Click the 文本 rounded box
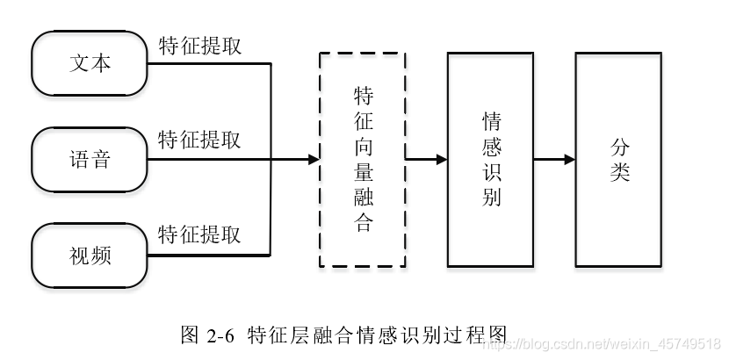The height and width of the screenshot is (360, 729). tap(90, 64)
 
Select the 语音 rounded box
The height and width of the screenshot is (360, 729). tap(90, 160)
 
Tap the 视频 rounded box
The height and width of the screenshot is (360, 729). tap(90, 256)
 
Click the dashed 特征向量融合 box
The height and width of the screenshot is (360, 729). tap(362, 159)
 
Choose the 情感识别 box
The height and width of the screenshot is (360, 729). tap(490, 159)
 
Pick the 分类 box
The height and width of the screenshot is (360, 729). tap(619, 159)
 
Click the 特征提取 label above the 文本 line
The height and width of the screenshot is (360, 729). tap(200, 47)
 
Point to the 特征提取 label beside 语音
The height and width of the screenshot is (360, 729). tap(199, 140)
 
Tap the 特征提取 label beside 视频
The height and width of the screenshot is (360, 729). tap(199, 235)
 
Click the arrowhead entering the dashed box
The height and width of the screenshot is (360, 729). tap(313, 160)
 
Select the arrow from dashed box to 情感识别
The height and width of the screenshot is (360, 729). tap(426, 160)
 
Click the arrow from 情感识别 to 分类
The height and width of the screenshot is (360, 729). tap(554, 160)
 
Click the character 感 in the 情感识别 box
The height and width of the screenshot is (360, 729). tap(491, 146)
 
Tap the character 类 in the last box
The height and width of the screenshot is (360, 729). tap(620, 172)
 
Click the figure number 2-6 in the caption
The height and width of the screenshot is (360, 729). tap(220, 335)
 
